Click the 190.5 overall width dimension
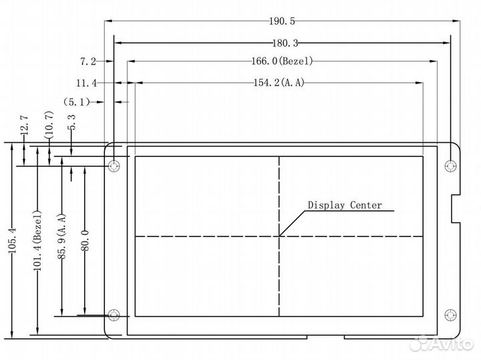point(283,20)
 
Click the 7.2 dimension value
point(88,62)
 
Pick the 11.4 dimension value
point(86,83)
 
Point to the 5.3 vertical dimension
point(72,123)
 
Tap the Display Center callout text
point(345,205)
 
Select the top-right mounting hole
point(451,164)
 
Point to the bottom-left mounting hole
point(114,315)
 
